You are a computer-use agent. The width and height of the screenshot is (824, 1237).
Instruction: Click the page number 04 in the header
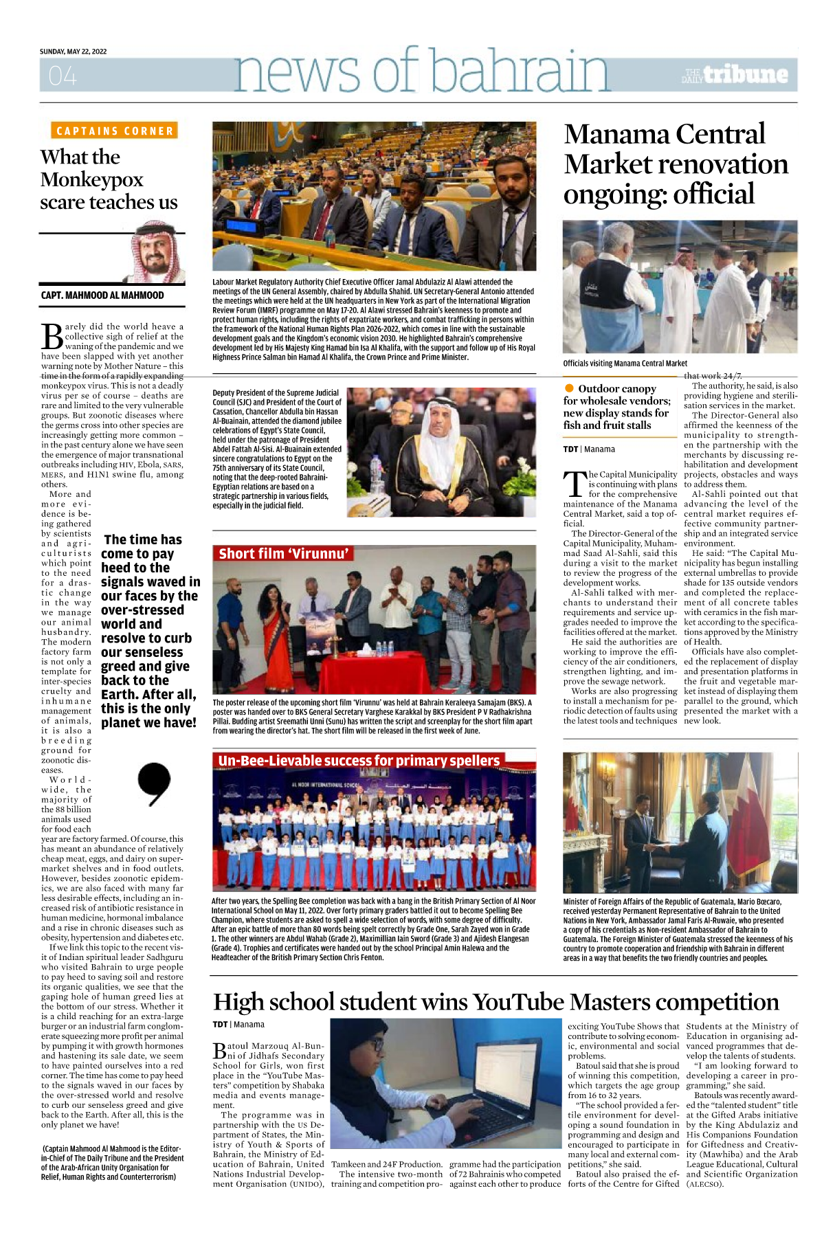tap(63, 76)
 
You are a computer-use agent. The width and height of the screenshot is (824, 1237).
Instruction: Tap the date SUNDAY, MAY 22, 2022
tap(73, 52)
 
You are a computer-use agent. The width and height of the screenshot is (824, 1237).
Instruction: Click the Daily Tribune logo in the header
tap(735, 75)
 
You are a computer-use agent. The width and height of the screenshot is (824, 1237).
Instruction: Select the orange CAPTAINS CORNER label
tap(115, 131)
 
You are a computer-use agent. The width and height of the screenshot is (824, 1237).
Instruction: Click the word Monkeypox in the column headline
tap(91, 180)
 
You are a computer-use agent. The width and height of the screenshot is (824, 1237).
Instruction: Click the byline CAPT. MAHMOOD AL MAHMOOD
tap(102, 296)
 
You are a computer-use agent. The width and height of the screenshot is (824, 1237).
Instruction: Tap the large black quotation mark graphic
tap(153, 784)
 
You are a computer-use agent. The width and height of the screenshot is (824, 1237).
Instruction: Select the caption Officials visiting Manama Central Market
tap(625, 364)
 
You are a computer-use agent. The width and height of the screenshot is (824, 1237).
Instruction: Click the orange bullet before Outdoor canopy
tap(569, 388)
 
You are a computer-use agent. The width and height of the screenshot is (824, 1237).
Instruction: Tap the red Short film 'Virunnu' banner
tap(284, 554)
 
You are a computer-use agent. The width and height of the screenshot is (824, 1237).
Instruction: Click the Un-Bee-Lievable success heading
tap(358, 761)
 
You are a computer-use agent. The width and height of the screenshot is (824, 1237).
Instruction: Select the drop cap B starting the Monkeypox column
tap(52, 337)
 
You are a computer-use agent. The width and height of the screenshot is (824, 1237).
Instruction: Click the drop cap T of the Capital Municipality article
tap(574, 484)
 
